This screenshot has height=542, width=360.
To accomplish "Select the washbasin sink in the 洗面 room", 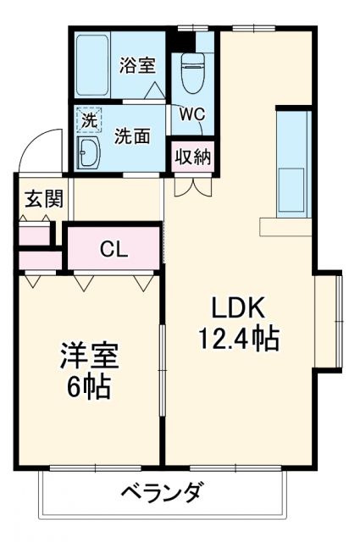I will click(x=88, y=152).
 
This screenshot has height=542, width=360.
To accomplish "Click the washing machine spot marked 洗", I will click(x=87, y=119).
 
